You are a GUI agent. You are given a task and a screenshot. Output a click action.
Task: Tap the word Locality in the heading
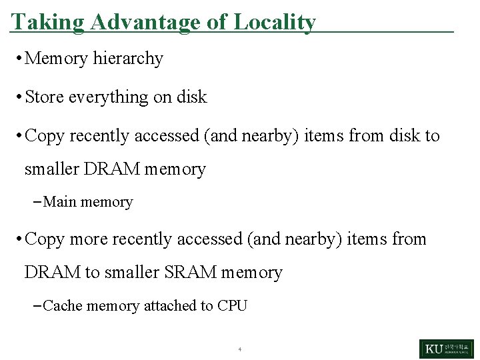click(x=274, y=23)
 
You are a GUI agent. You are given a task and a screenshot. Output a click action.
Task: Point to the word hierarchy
click(x=128, y=59)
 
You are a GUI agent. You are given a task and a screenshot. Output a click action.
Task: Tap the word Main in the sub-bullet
click(x=59, y=202)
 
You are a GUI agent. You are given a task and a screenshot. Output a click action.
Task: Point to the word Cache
click(x=63, y=306)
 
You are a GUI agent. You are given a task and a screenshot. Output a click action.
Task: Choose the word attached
click(x=170, y=306)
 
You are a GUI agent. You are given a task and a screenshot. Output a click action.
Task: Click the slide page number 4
click(x=239, y=349)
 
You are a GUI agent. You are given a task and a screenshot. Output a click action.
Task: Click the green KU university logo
click(x=447, y=349)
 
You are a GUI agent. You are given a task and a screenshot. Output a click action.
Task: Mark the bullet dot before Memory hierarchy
click(x=17, y=59)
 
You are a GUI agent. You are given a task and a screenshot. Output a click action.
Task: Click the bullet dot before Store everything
click(x=17, y=97)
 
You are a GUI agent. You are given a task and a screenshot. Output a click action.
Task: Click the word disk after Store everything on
click(x=192, y=97)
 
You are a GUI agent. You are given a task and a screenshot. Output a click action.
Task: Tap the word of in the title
click(x=217, y=23)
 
